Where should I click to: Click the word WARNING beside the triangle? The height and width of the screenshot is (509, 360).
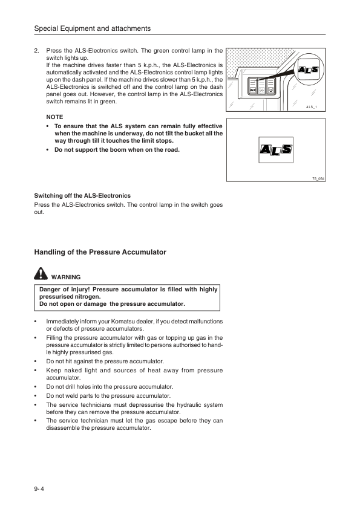(x=67, y=277)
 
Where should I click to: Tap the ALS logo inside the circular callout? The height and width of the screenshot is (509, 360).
(x=309, y=71)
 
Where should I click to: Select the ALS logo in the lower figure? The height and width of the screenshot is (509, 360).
(x=275, y=149)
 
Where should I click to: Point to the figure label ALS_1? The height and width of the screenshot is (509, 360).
(x=312, y=106)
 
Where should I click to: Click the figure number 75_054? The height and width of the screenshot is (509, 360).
(x=318, y=179)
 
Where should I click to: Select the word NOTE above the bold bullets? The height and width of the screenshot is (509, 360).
(x=54, y=116)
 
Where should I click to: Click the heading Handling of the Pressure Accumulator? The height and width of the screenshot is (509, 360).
(x=99, y=251)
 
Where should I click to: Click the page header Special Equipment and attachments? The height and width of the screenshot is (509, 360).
(x=93, y=28)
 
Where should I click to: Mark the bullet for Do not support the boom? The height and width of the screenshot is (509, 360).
(x=48, y=149)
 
